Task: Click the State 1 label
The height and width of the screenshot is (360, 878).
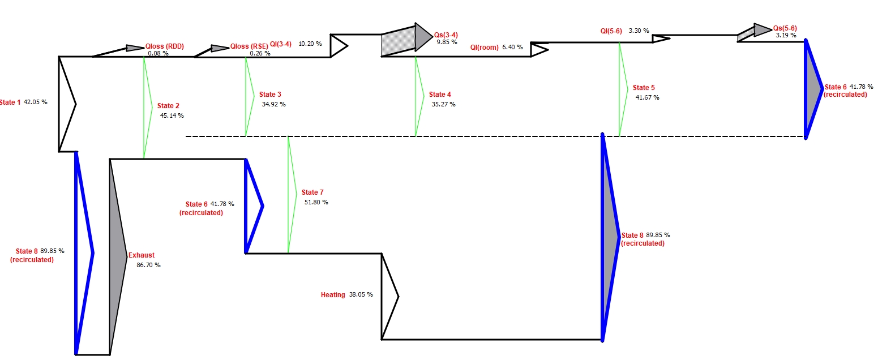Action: pos(10,102)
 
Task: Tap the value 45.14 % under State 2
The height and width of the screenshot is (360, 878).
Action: pos(172,115)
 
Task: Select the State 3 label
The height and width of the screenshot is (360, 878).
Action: pos(270,95)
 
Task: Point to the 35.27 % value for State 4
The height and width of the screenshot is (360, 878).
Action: pos(443,104)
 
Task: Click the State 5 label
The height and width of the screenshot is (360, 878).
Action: pos(644,88)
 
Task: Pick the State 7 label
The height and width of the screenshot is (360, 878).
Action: pos(312,192)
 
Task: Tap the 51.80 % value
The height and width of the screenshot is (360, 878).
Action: pos(316,202)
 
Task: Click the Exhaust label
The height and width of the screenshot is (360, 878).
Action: pos(142,255)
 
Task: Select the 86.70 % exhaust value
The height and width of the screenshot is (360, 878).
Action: pos(148,264)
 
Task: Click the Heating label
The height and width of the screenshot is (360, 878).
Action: pos(333,295)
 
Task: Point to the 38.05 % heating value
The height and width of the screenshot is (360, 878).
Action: pos(361,295)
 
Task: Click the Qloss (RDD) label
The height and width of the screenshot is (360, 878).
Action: pos(165,46)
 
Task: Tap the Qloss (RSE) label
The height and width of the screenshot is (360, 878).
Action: pos(249,46)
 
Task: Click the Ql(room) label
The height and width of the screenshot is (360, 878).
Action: pos(484,48)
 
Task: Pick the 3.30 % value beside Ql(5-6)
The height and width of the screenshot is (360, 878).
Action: pos(639,31)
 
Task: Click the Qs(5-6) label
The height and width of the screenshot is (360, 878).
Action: pos(785,28)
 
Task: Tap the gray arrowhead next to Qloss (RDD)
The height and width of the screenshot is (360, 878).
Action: pos(135,48)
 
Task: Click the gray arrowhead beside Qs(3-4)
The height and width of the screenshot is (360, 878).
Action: pos(423,38)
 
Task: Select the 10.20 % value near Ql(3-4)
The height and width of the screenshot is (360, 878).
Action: pos(310,44)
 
